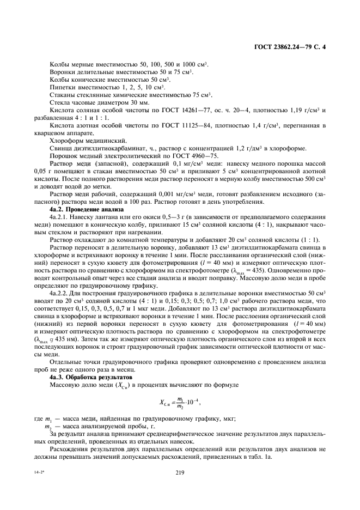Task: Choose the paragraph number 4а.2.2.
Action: click(59, 293)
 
